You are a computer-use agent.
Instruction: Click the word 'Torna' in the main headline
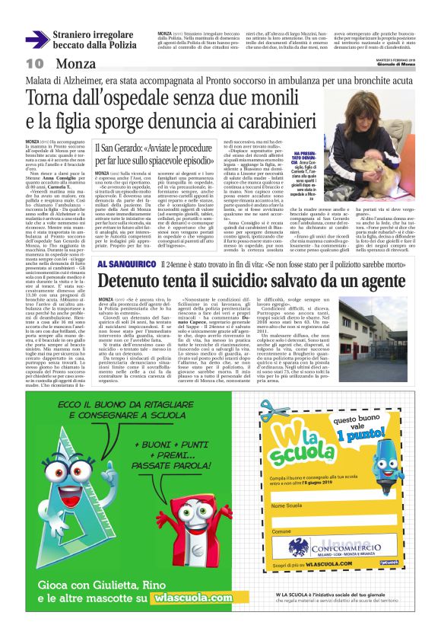[73, 97]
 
